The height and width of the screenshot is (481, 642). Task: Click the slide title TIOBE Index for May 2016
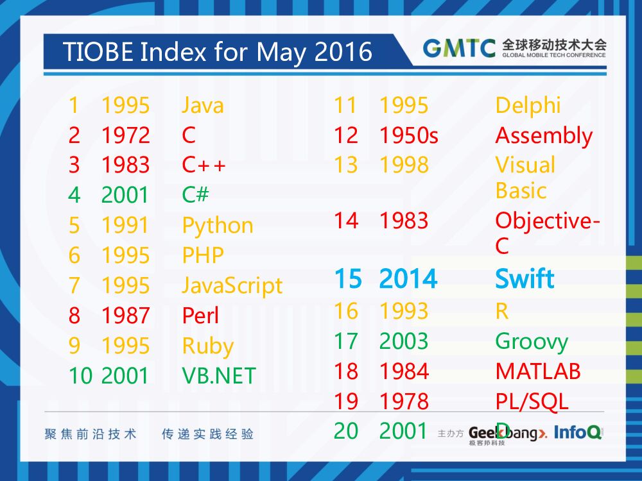tap(218, 52)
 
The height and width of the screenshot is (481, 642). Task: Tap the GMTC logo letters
tap(459, 49)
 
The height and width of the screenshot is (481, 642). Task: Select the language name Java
tap(203, 105)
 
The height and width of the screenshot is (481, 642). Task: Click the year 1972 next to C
tap(125, 135)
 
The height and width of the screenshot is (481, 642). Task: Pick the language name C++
tap(204, 165)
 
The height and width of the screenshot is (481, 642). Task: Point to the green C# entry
tap(195, 195)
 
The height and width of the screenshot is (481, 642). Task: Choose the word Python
tap(218, 226)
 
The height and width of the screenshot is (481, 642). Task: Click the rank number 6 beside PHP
tap(74, 256)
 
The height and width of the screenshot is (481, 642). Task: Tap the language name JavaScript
tap(232, 285)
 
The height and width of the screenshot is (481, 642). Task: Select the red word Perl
tap(200, 316)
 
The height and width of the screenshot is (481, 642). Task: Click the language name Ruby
tap(207, 346)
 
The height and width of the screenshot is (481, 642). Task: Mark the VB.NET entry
tap(219, 376)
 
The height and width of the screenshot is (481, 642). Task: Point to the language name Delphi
tap(528, 105)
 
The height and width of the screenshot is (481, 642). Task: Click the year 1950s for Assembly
tap(408, 135)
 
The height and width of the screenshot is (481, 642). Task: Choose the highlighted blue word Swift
tap(525, 280)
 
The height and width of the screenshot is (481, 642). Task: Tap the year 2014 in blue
tap(408, 280)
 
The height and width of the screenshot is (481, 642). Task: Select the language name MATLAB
tap(538, 371)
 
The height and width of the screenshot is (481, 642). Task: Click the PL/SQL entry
tap(532, 401)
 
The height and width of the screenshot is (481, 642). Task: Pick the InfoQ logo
tap(578, 432)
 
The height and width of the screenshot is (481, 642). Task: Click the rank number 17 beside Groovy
tap(345, 341)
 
